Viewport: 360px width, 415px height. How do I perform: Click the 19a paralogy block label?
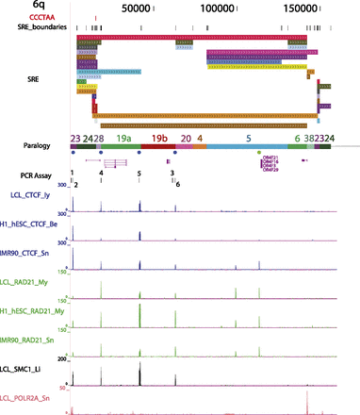click(x=123, y=138)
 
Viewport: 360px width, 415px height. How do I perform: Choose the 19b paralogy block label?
click(x=159, y=138)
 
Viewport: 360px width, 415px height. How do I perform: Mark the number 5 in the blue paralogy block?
click(x=248, y=138)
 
